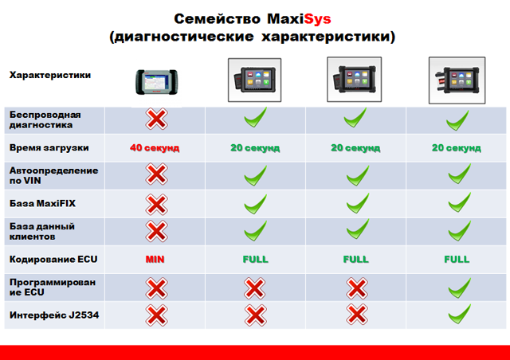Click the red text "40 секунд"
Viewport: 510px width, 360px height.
pos(155,148)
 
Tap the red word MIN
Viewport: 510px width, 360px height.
pos(155,260)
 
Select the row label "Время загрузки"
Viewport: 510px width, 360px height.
pos(49,148)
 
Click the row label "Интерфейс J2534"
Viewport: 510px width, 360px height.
pos(54,315)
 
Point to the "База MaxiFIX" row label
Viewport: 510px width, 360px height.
pos(42,204)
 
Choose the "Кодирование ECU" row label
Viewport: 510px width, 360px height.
pos(53,259)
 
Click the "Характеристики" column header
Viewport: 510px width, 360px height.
pos(50,75)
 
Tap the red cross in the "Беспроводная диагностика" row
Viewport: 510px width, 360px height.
pos(156,119)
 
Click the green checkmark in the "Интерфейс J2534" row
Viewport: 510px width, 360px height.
pos(459,314)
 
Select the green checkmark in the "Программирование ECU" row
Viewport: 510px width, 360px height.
pos(459,288)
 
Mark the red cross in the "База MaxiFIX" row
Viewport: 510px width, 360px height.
pos(156,205)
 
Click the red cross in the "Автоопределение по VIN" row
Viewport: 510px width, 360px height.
pos(156,174)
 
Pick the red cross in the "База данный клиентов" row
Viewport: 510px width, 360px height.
pos(156,231)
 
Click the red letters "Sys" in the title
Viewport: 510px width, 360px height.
pos(317,19)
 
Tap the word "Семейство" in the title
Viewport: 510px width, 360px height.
pos(218,19)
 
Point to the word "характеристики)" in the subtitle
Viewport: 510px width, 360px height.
pos(328,37)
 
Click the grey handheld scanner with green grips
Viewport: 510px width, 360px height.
pos(156,82)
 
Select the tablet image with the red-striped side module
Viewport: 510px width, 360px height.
pos(457,80)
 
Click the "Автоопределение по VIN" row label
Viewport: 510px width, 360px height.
pos(53,175)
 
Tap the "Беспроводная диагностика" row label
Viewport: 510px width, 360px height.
pos(45,119)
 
